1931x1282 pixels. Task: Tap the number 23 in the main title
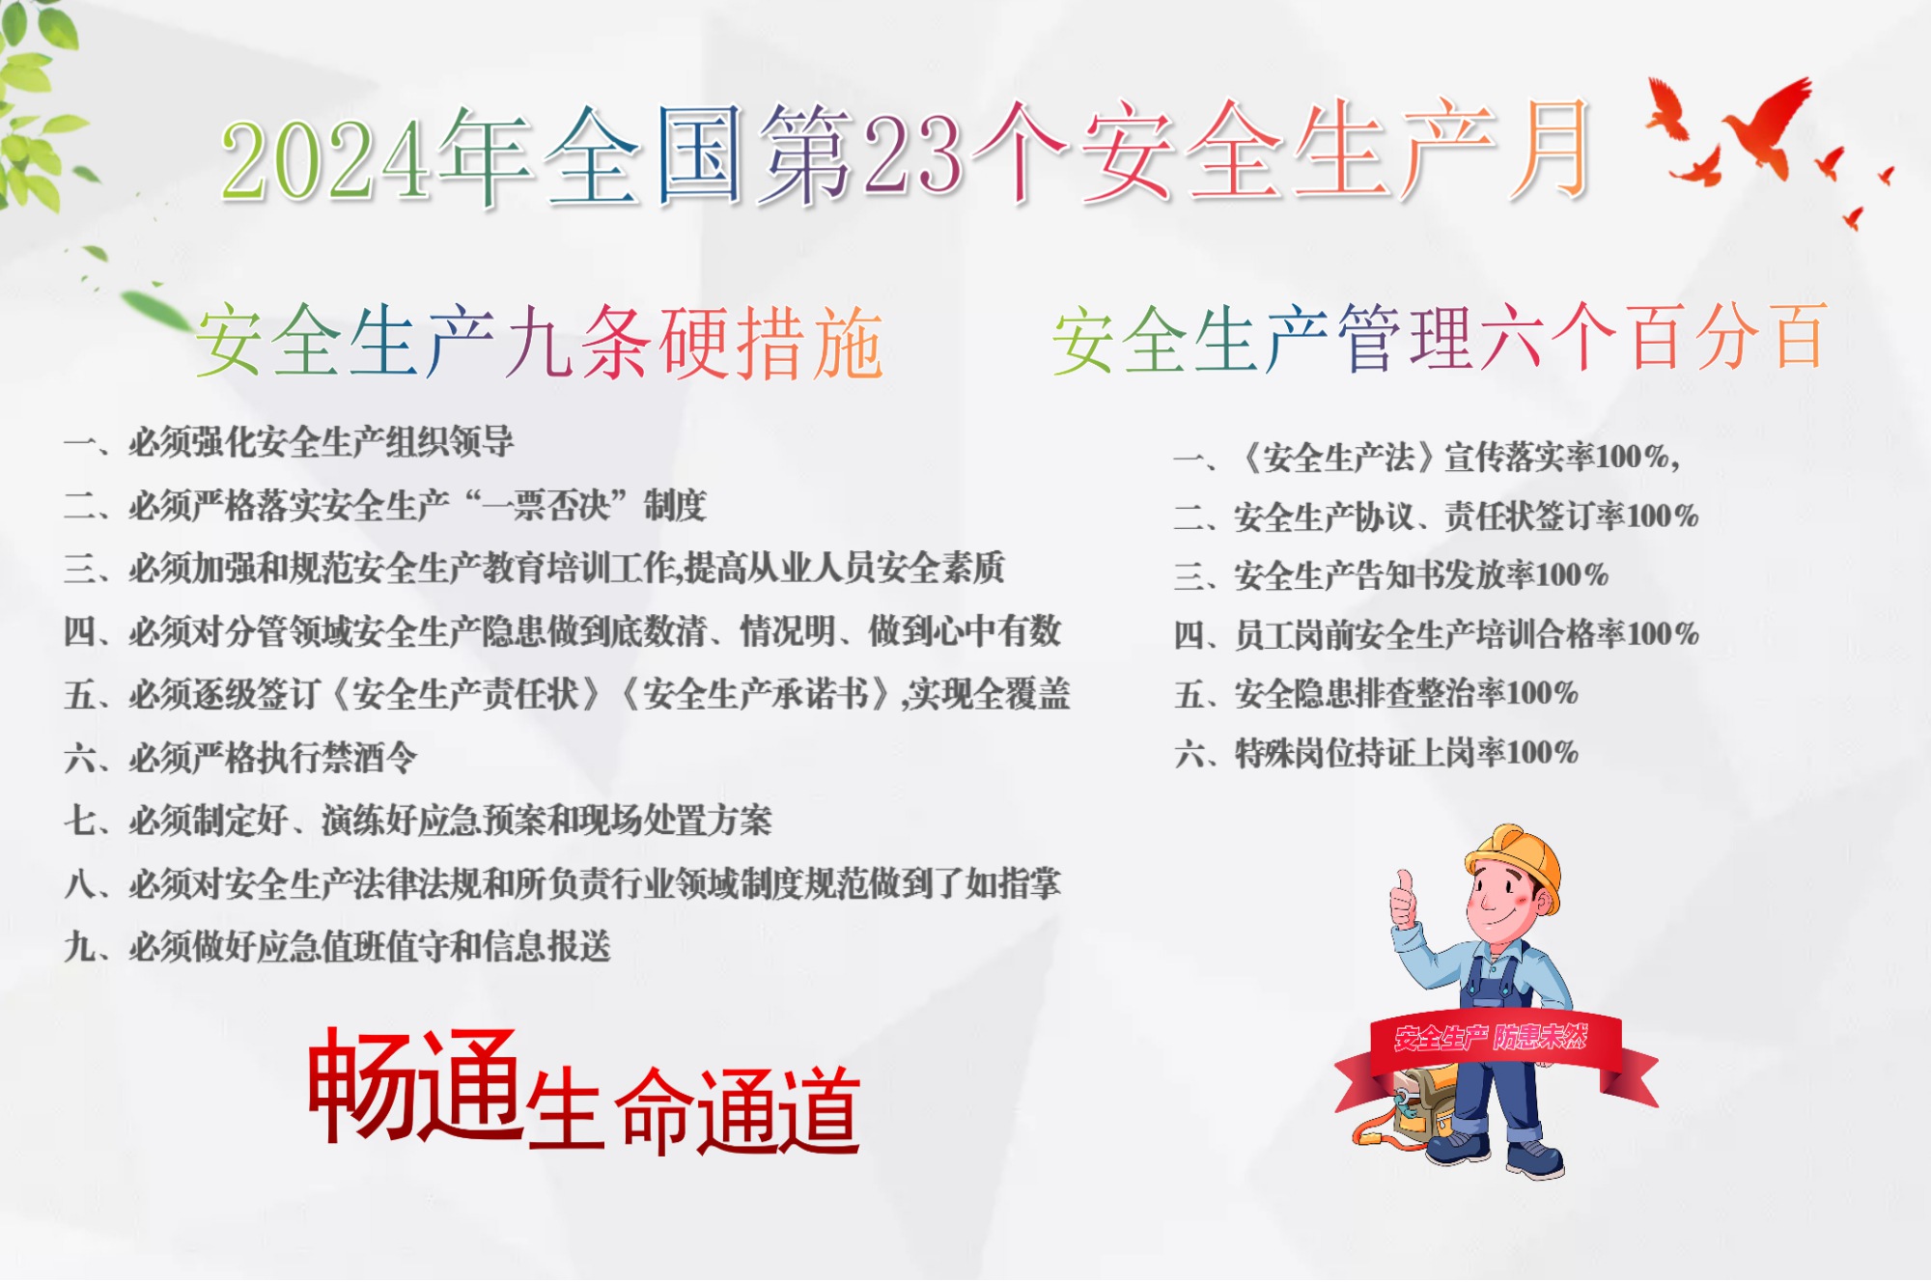pos(912,154)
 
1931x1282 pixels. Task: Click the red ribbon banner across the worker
pos(1492,1043)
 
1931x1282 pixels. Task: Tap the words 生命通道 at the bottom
pos(693,1110)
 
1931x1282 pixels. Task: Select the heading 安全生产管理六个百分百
pos(1439,338)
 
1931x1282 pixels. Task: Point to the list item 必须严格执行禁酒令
pos(272,758)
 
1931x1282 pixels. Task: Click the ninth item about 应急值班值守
pos(369,947)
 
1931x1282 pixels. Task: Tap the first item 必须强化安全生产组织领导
pos(321,442)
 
